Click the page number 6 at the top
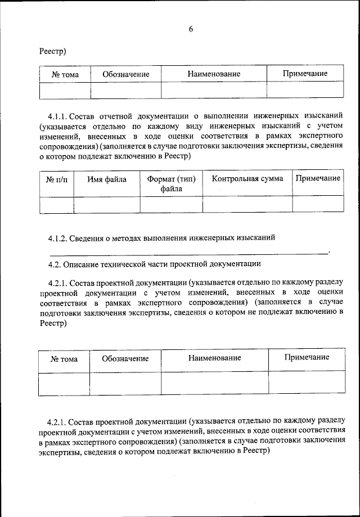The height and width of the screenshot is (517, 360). [x=191, y=30]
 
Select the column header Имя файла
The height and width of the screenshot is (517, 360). [x=107, y=179]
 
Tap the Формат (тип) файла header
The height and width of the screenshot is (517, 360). [x=171, y=184]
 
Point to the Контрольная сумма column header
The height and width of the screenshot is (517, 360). [x=247, y=179]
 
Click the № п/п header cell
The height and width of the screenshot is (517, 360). [x=56, y=180]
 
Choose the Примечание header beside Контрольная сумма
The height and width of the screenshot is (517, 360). [x=318, y=178]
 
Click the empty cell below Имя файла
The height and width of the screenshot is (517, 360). [x=107, y=204]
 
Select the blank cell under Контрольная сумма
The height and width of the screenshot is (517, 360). [x=247, y=204]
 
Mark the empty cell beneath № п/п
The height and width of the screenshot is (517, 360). [x=56, y=204]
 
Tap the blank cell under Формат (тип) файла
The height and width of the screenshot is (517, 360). [x=171, y=204]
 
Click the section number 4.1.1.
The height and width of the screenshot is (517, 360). [x=58, y=116]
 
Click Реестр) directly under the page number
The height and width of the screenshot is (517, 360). [x=53, y=51]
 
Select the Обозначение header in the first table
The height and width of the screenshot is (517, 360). [x=125, y=74]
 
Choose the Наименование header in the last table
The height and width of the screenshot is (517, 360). [x=214, y=358]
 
